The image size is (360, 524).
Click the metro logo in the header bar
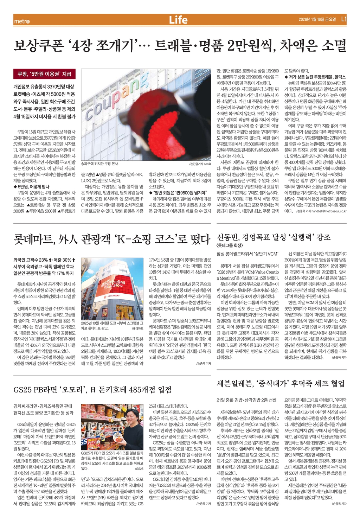[x=22, y=21]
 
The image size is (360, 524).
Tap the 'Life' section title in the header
[x=178, y=20]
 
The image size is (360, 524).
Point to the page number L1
[x=344, y=20]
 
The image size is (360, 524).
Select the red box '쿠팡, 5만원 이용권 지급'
[x=44, y=74]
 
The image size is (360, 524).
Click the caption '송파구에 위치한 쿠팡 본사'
[x=100, y=164]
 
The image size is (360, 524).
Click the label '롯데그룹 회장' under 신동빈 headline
[x=230, y=245]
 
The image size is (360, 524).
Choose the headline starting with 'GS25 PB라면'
[x=92, y=390]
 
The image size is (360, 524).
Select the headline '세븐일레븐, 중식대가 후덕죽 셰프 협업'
[x=281, y=383]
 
